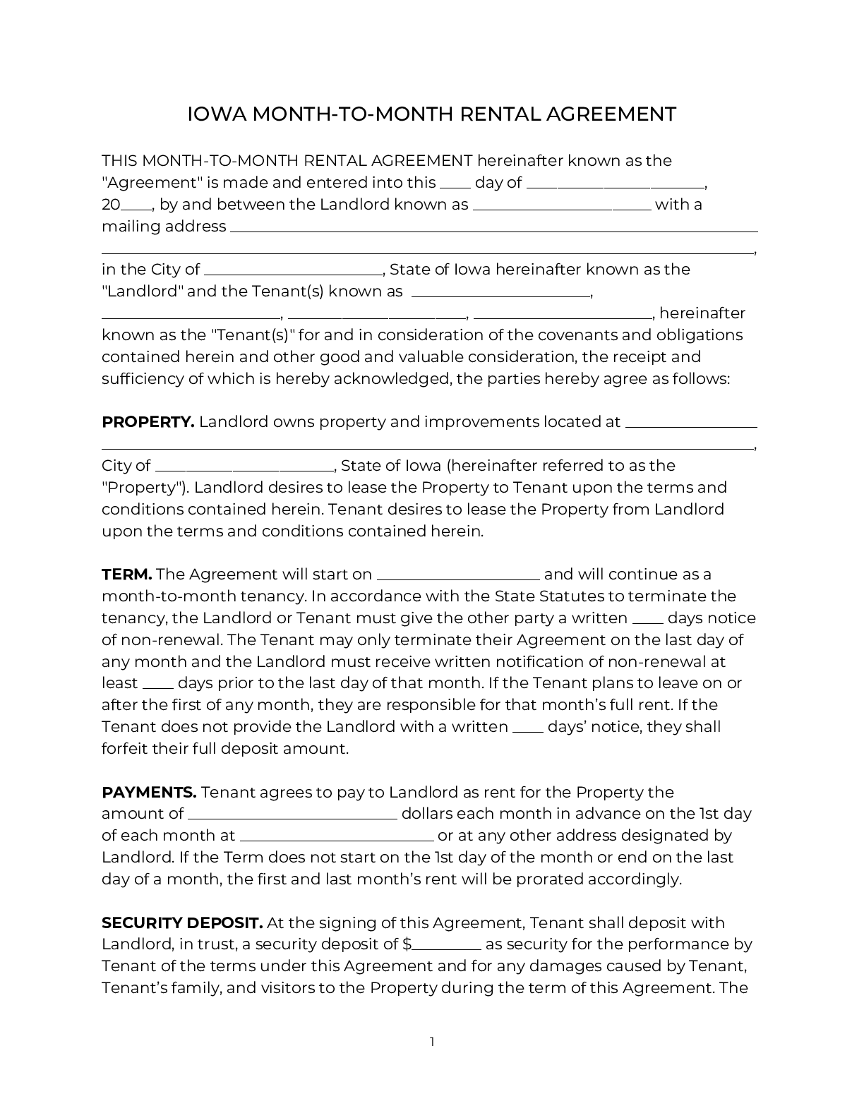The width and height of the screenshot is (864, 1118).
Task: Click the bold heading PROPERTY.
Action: [x=148, y=422]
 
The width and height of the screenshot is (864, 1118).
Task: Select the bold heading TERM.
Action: [x=126, y=575]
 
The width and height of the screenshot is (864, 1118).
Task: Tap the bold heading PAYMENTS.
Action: [x=149, y=793]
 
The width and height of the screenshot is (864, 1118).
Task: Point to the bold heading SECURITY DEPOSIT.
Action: [x=182, y=923]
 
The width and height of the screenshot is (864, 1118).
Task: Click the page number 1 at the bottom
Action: [x=432, y=1042]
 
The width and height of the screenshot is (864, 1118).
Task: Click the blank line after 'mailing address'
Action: [x=494, y=230]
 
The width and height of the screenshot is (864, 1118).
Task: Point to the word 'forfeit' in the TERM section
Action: [x=125, y=749]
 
